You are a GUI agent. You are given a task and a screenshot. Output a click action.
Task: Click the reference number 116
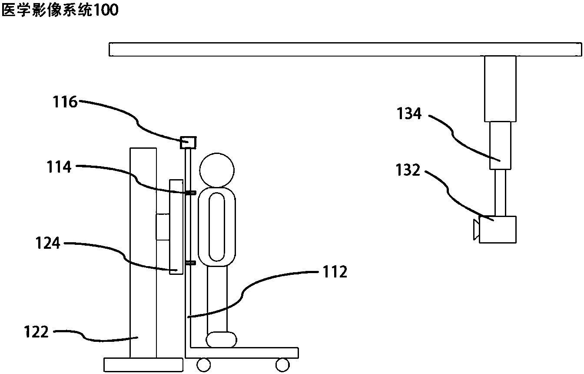pos(65,102)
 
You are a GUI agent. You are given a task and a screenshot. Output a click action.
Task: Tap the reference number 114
pos(59,167)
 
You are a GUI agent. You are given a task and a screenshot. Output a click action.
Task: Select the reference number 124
pos(48,243)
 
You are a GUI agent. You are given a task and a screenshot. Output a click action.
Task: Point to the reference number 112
pos(335,272)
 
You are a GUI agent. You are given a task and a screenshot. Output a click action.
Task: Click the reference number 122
pos(36,332)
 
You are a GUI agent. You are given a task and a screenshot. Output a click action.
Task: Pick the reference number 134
pos(409,114)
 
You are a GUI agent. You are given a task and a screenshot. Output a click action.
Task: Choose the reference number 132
pos(408,170)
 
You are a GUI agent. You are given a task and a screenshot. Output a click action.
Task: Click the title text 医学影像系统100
pos(60,10)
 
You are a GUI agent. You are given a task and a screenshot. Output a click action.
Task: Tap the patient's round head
pos(217,170)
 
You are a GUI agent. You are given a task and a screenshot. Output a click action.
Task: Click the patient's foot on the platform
pos(221,340)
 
